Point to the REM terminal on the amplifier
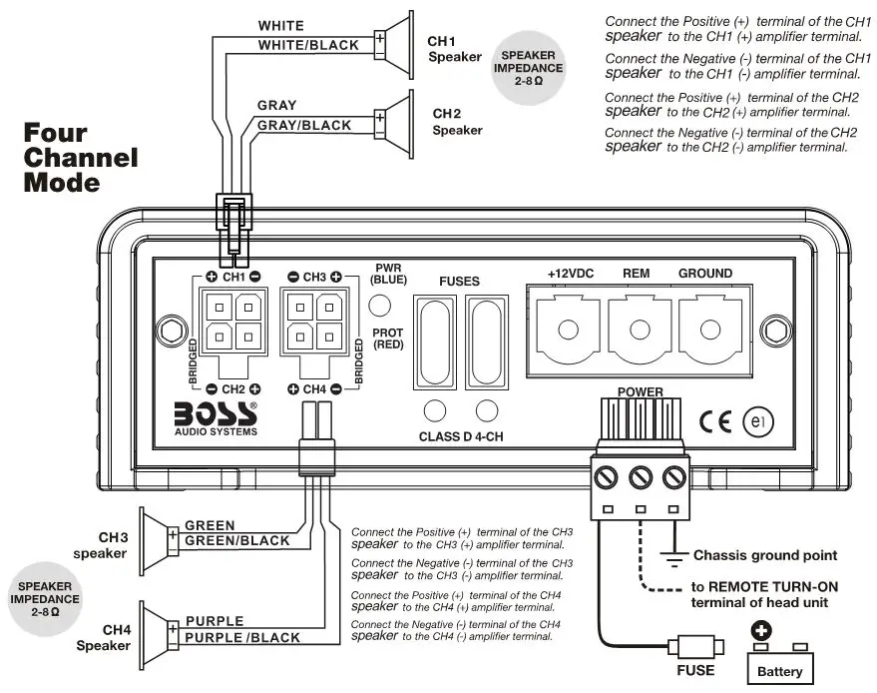[x=637, y=330]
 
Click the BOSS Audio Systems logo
[x=215, y=417]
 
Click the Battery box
[x=780, y=663]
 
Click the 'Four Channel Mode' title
[x=80, y=158]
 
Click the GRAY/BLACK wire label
[x=304, y=126]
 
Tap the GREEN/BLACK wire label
[x=237, y=541]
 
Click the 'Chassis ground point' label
[x=765, y=555]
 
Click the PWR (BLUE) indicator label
[x=387, y=275]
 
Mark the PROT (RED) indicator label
[x=387, y=338]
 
